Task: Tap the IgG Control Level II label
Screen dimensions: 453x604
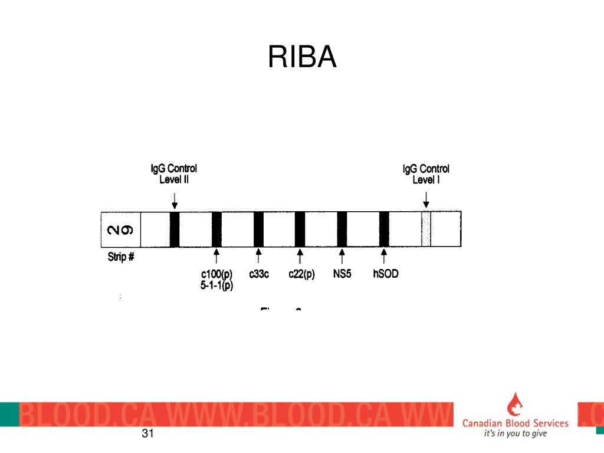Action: pyautogui.click(x=173, y=174)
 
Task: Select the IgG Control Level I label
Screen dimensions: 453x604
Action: pyautogui.click(x=426, y=174)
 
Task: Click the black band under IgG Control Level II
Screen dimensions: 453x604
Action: pyautogui.click(x=174, y=229)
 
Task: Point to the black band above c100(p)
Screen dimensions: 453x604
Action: pyautogui.click(x=216, y=229)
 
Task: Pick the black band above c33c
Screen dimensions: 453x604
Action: pyautogui.click(x=258, y=229)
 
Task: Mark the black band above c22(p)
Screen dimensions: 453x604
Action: pyautogui.click(x=300, y=229)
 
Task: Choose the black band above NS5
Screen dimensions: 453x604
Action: pyautogui.click(x=342, y=229)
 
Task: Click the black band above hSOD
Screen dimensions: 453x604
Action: pyautogui.click(x=384, y=229)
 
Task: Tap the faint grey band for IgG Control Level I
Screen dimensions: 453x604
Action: pyautogui.click(x=426, y=229)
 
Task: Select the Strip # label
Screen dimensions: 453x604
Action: pyautogui.click(x=121, y=257)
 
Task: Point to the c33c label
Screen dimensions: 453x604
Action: pyautogui.click(x=259, y=274)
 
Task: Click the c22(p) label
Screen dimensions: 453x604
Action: pyautogui.click(x=301, y=274)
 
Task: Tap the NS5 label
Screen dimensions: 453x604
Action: pyautogui.click(x=342, y=274)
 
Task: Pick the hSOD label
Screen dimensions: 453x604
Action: pyautogui.click(x=386, y=274)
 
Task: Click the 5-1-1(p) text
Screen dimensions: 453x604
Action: pyautogui.click(x=216, y=286)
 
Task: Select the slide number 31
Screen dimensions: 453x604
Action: pyautogui.click(x=147, y=435)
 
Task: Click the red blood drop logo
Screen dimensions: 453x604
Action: pyautogui.click(x=514, y=405)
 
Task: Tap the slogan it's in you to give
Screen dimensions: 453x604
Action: pyautogui.click(x=515, y=434)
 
